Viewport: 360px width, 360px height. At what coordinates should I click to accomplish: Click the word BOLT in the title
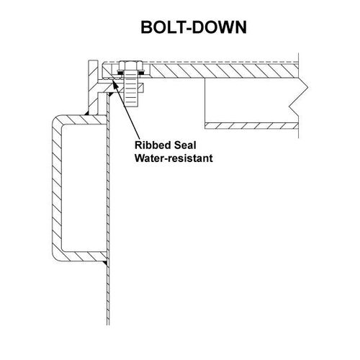163,27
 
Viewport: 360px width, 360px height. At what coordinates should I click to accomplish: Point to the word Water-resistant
174,158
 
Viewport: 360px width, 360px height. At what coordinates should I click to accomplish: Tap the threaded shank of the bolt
131,91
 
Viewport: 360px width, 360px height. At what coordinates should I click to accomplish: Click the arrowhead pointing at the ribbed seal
114,83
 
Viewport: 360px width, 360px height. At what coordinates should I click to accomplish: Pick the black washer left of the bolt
120,71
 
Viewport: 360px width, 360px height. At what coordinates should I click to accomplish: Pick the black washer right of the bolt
142,71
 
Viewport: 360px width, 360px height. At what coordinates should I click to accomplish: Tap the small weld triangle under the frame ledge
110,94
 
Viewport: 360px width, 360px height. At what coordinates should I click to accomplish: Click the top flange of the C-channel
82,120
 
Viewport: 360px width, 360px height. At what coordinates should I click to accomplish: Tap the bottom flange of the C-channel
82,256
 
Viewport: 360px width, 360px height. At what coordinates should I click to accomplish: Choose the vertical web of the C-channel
57,188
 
